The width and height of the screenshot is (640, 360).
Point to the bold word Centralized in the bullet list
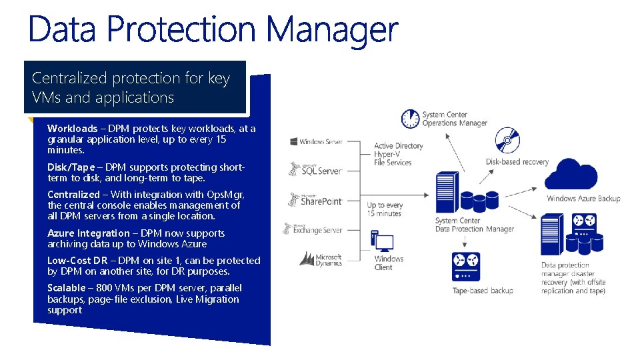click(73, 195)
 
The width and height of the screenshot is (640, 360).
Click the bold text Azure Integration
click(89, 233)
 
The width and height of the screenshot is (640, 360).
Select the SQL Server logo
click(315, 170)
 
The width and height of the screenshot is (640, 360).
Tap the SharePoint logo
click(315, 200)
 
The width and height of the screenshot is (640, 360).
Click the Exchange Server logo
click(313, 229)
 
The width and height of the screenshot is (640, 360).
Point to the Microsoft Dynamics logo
click(320, 259)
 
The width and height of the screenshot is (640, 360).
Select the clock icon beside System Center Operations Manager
click(410, 119)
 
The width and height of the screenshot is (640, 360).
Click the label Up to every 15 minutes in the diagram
click(385, 209)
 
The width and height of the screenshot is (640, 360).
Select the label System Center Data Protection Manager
click(474, 225)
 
